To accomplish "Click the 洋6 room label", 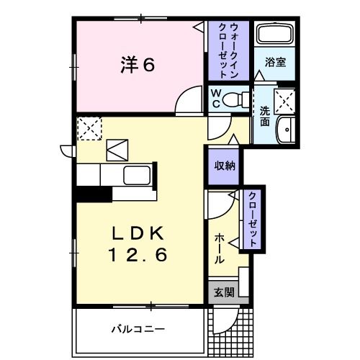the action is pos(138,64).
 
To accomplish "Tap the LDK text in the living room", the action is pos(138,233).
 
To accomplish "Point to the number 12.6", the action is pos(138,255).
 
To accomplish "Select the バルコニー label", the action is pos(138,329).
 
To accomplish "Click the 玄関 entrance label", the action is pos(224,292).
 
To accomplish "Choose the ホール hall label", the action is pos(219,248).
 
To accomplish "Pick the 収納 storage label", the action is pos(225,166).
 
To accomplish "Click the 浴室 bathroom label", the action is pos(275,62).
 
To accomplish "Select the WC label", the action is pos(216,98).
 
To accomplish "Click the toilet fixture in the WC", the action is pos(235,99).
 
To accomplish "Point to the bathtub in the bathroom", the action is pos(275,34).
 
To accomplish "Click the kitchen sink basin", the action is pos(137,175).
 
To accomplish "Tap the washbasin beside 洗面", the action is pos(286,130).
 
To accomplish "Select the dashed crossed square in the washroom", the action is pos(284,101).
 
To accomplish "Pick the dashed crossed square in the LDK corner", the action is pos(89,128).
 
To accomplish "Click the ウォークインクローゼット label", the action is pos(228,51).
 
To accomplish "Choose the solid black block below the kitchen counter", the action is pos(94,194).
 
